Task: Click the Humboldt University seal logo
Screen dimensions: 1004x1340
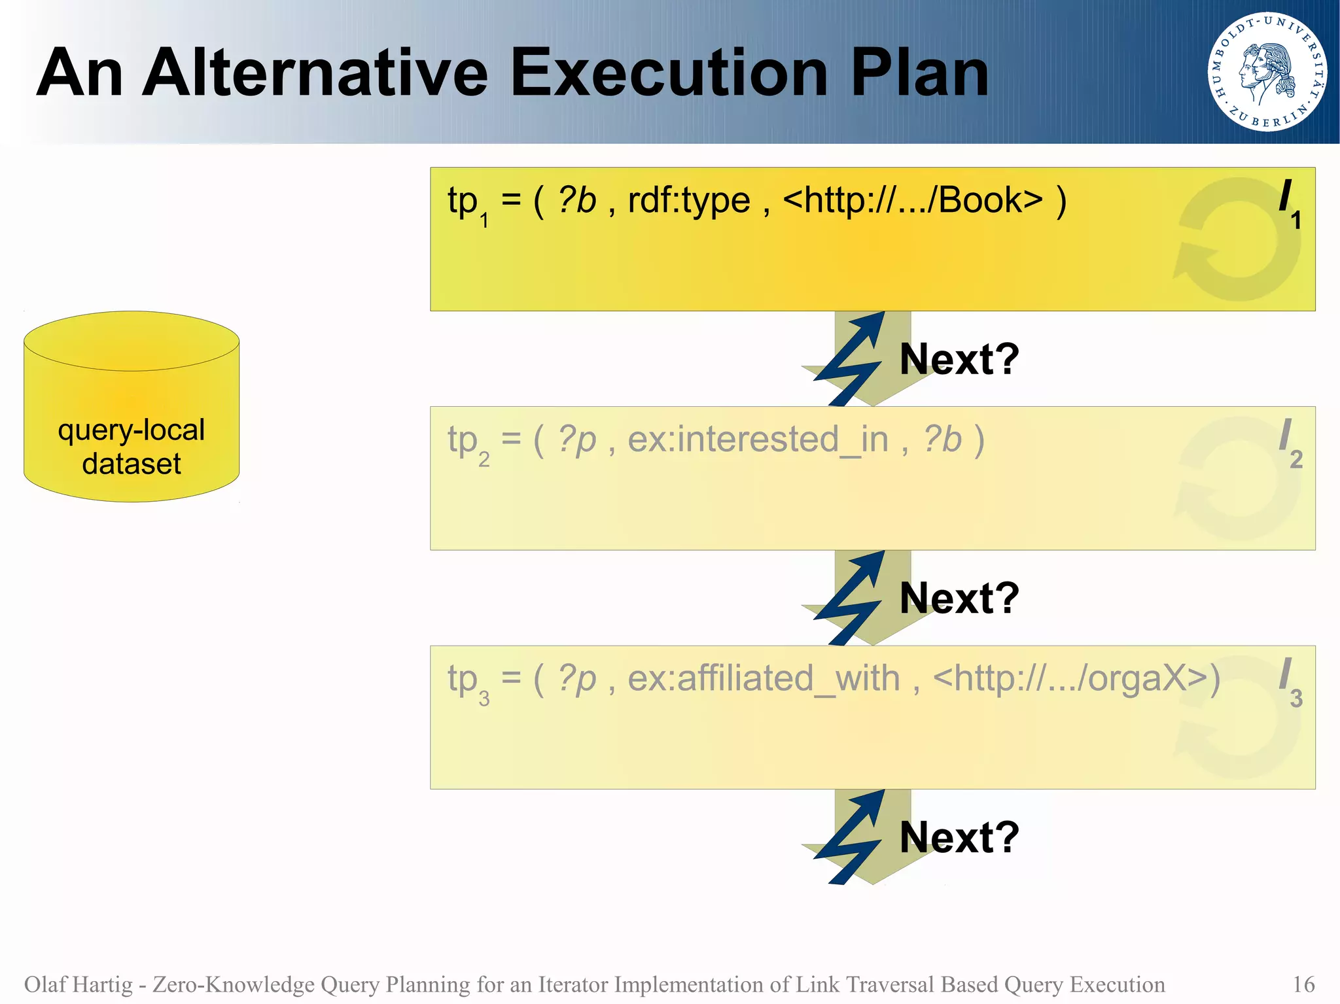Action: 1267,72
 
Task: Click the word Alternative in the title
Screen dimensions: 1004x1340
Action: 315,73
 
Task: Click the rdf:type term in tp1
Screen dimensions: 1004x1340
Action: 688,200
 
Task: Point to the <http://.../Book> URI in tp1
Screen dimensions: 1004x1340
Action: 913,200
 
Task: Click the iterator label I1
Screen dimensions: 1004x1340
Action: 1289,203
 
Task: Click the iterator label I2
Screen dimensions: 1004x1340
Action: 1289,442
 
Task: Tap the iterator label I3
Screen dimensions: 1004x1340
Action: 1289,682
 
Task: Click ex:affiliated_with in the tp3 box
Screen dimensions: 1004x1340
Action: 763,678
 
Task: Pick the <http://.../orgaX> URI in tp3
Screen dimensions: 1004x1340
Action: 1076,678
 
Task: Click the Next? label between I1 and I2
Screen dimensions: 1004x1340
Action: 959,359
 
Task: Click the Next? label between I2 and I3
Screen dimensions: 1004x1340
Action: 959,598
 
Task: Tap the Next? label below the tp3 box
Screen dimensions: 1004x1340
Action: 959,837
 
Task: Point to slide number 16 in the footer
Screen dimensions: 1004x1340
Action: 1303,984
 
